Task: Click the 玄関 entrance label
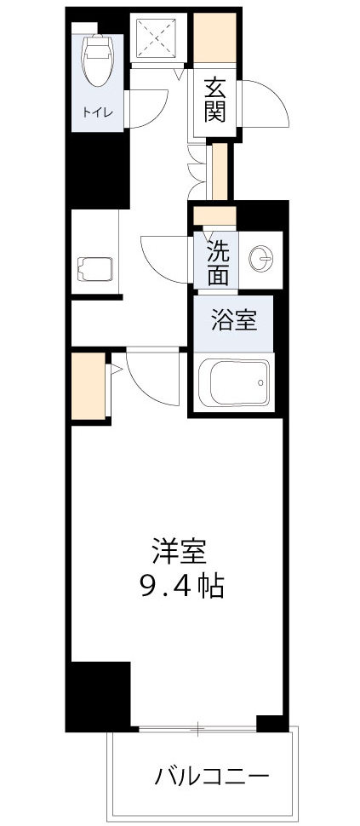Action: coord(214,100)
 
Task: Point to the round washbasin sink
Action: coord(263,256)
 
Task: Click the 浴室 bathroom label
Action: coord(232,322)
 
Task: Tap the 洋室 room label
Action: coord(180,553)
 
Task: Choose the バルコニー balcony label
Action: coord(212,777)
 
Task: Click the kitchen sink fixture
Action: coord(94,270)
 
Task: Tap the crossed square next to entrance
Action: coord(158,37)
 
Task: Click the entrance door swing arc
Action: coord(264,104)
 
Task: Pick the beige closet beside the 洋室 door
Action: coord(89,387)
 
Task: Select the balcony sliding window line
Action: coord(197,729)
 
